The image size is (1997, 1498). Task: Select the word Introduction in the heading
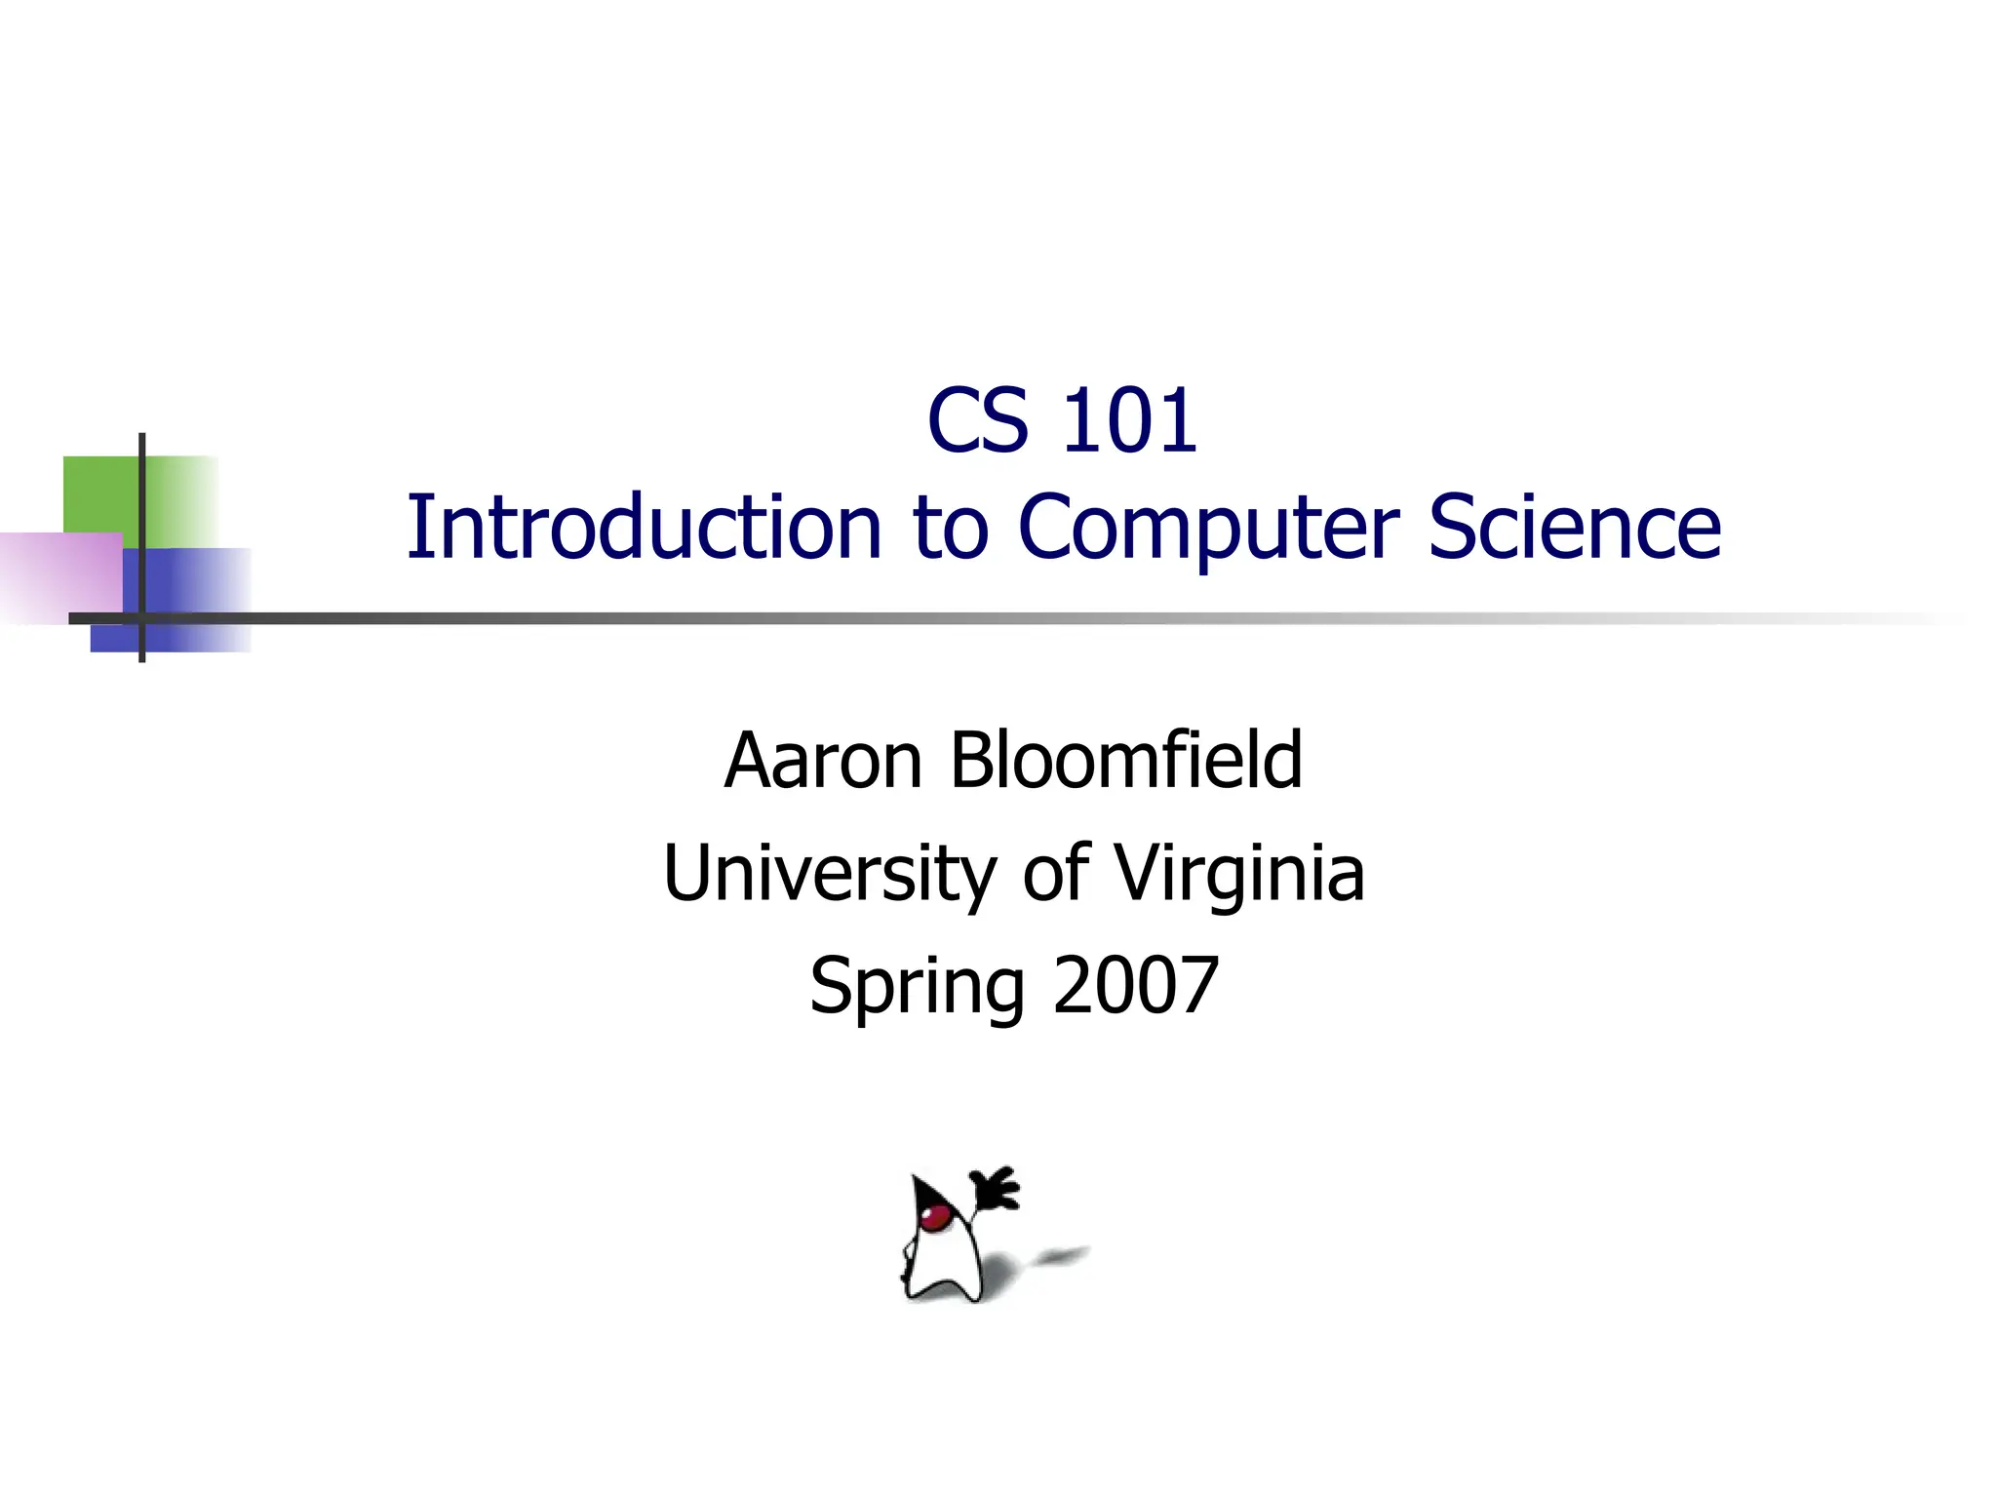[644, 528]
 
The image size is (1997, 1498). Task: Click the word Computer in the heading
[1207, 528]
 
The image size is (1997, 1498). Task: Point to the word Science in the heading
[1574, 528]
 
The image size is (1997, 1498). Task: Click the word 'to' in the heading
[950, 528]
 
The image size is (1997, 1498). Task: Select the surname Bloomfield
[1125, 761]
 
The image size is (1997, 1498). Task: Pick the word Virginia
[1238, 873]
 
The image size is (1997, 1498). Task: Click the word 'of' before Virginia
[1055, 873]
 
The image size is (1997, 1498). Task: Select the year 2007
[1136, 985]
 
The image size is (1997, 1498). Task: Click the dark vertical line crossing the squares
[142, 507]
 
